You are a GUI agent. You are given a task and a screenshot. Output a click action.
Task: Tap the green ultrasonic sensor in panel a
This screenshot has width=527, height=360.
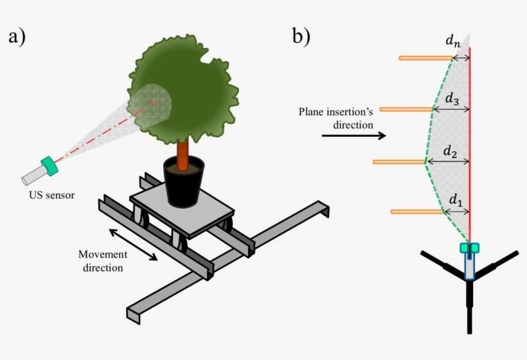click(x=49, y=166)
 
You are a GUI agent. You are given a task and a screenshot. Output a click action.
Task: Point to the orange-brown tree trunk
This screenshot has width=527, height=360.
click(x=183, y=151)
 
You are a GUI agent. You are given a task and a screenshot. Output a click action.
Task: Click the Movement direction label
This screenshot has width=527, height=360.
click(x=103, y=260)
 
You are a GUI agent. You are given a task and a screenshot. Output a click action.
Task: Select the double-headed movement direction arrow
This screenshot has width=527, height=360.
click(x=133, y=244)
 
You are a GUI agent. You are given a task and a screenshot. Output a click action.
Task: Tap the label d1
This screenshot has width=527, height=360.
click(x=456, y=201)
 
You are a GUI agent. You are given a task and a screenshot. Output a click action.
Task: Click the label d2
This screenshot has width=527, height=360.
click(x=451, y=152)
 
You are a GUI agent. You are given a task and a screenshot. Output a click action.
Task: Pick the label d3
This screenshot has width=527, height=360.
click(x=452, y=100)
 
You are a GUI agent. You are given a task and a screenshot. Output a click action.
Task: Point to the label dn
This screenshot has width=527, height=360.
click(x=453, y=41)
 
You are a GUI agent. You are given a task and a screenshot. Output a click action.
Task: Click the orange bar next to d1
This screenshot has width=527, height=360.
click(x=416, y=211)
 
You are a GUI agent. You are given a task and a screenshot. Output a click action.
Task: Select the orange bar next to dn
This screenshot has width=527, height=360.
click(x=425, y=58)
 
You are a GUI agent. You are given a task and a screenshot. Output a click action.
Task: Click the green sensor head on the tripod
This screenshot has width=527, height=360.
click(x=470, y=248)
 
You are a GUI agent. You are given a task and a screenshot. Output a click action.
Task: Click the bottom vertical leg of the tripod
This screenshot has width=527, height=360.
click(x=470, y=309)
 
